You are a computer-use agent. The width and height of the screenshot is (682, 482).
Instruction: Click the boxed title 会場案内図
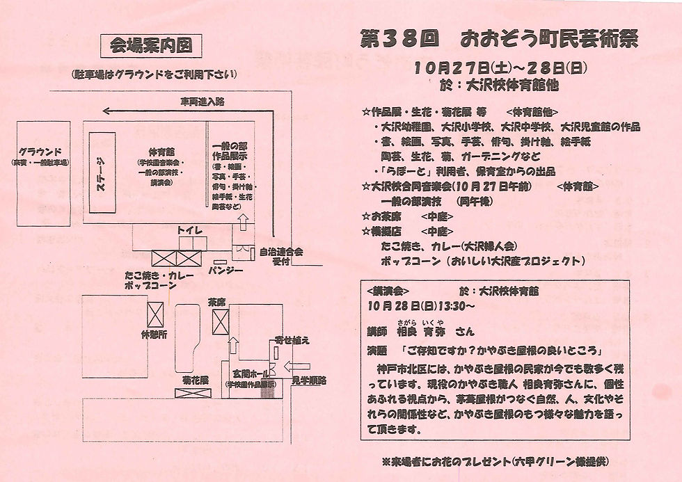(151, 47)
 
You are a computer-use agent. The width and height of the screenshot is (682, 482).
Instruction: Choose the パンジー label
(226, 268)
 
